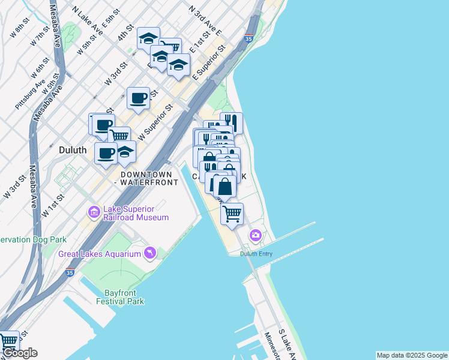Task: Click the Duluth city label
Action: (74, 149)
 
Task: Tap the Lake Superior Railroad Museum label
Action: (136, 213)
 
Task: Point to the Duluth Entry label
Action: (256, 254)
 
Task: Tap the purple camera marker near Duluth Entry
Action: (256, 236)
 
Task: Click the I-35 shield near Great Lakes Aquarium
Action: (70, 272)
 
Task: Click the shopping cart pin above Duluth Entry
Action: (232, 212)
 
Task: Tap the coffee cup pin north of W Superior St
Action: (138, 98)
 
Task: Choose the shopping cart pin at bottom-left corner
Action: (8, 341)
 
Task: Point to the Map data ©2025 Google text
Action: (412, 355)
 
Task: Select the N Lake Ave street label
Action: (87, 19)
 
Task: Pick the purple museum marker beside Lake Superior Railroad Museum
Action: (94, 212)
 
